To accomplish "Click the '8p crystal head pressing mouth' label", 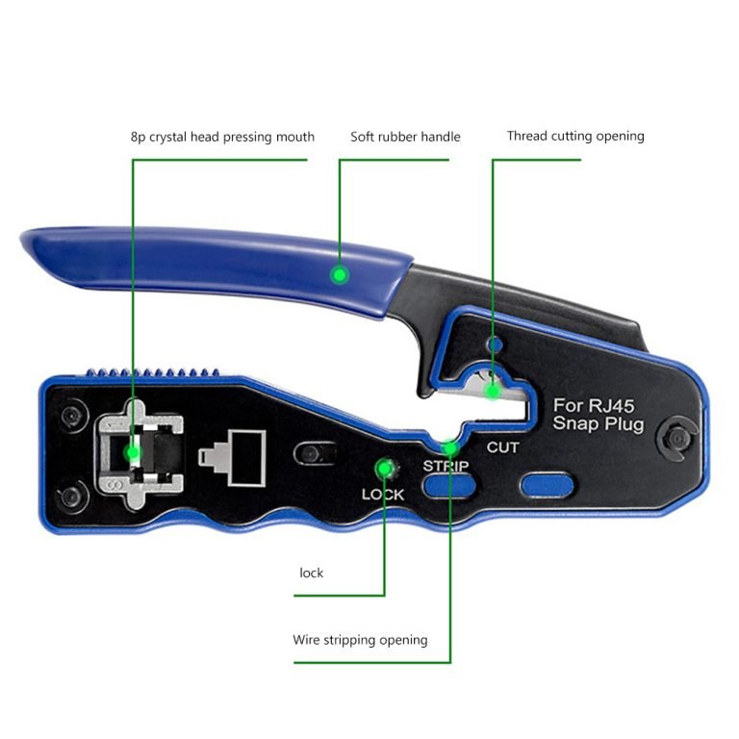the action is pyautogui.click(x=222, y=138).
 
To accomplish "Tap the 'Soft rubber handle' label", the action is pyautogui.click(x=405, y=137).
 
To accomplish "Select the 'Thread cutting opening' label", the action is pyautogui.click(x=575, y=137).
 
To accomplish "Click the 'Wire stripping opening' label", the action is pyautogui.click(x=360, y=640).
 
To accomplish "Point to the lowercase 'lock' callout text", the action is pyautogui.click(x=312, y=573).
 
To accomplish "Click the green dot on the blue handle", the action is pyautogui.click(x=340, y=274).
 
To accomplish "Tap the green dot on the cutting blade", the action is pyautogui.click(x=493, y=392).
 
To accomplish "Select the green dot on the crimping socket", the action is pyautogui.click(x=133, y=453).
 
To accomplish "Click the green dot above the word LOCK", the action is pyautogui.click(x=384, y=469).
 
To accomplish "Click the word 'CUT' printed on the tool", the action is pyautogui.click(x=503, y=447).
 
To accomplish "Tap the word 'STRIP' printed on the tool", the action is pyautogui.click(x=446, y=466).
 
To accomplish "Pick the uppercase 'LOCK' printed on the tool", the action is pyautogui.click(x=383, y=495).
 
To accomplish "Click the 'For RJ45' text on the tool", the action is pyautogui.click(x=594, y=406).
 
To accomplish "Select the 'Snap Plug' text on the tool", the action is pyautogui.click(x=599, y=423).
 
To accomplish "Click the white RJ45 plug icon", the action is pyautogui.click(x=232, y=458).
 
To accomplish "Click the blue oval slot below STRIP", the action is pyautogui.click(x=447, y=485).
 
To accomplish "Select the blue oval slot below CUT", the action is pyautogui.click(x=547, y=485).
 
